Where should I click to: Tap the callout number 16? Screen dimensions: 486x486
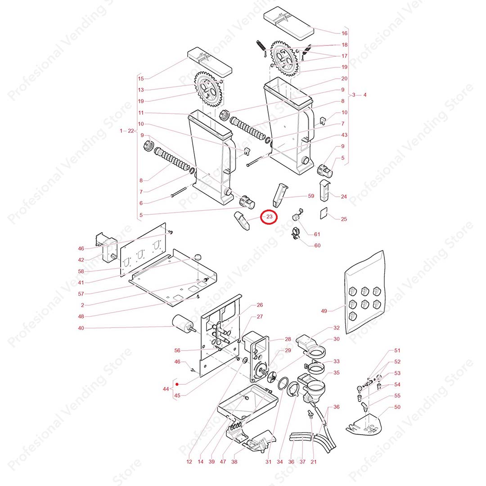pos(345,33)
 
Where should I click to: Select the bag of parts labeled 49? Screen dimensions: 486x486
pos(364,292)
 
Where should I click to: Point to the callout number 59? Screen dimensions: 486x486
pos(311,196)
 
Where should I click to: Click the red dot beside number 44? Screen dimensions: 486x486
pos(177,385)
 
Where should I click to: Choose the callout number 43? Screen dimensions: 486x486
pos(345,135)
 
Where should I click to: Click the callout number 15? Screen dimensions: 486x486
pos(141,79)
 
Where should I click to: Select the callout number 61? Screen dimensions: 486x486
pos(317,234)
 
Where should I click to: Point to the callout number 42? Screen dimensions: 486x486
pos(81,260)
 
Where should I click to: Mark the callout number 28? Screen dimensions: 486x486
pos(288,339)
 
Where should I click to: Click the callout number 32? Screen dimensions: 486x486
pos(336,328)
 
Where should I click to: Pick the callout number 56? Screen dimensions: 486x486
pos(177,351)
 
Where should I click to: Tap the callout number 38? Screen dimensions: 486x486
pos(234,462)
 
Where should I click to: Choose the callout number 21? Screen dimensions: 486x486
pos(314,462)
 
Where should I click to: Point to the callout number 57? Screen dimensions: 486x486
pos(81,293)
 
